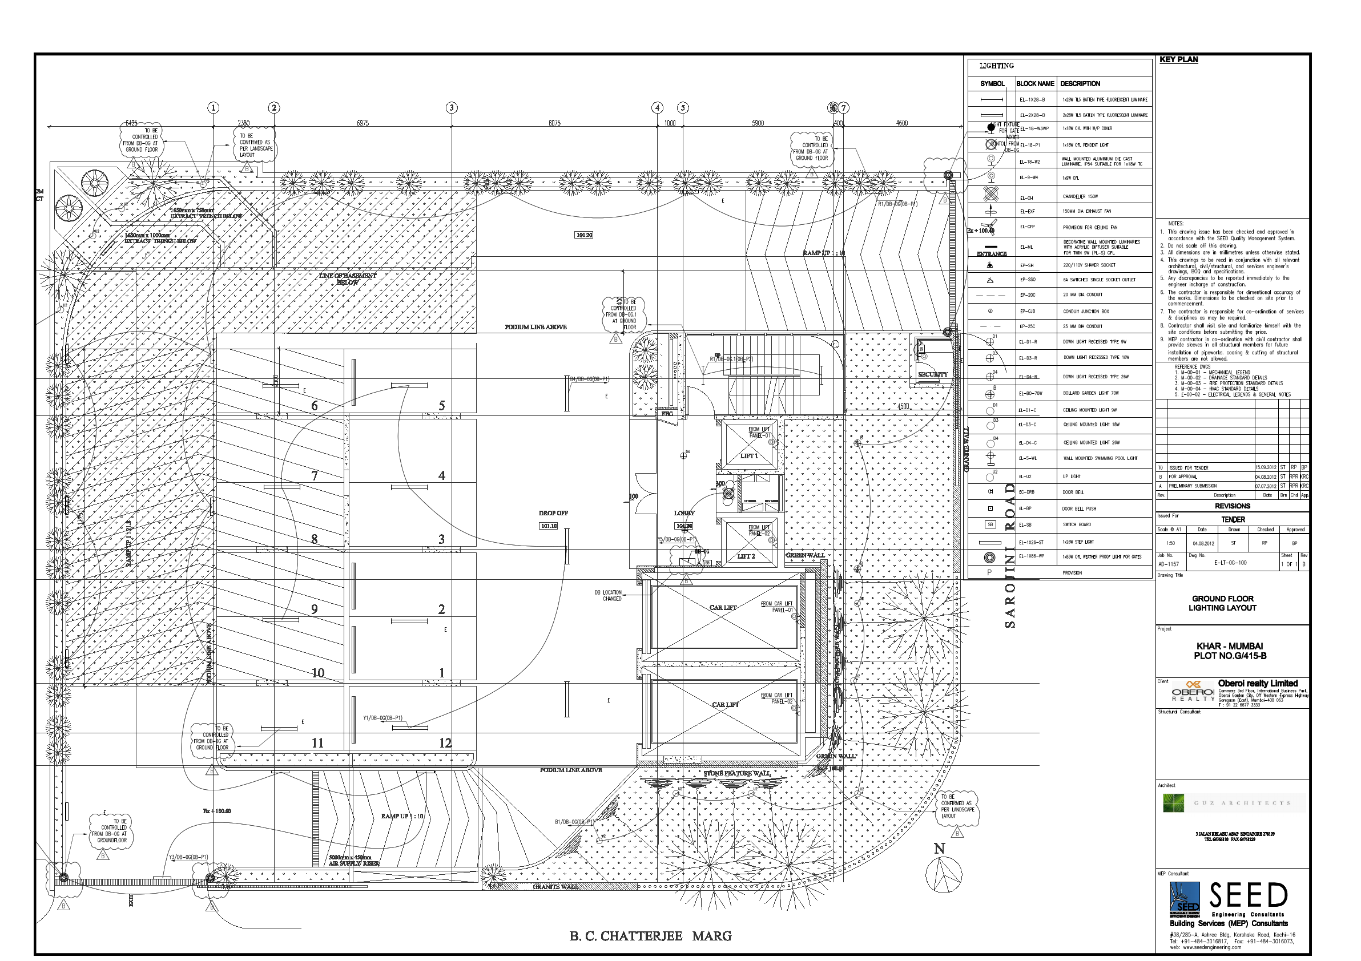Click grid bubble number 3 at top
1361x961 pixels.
(452, 108)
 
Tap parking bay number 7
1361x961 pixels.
(315, 476)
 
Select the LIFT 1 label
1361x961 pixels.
(748, 455)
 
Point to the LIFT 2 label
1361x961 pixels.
(746, 556)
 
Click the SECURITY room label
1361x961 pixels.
(933, 374)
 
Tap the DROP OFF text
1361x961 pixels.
(553, 513)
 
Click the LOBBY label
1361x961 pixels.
(684, 513)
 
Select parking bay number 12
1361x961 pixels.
(445, 743)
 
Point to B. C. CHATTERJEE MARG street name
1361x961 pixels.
(650, 936)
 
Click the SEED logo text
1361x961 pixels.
(1249, 896)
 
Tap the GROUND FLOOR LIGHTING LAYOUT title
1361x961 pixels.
(1222, 603)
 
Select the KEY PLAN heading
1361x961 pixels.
(1178, 60)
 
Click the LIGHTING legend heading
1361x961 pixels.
(996, 66)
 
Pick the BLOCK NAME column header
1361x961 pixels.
(1035, 84)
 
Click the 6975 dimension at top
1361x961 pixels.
(363, 123)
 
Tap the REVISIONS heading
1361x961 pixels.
(1233, 506)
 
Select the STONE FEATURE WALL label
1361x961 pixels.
(737, 774)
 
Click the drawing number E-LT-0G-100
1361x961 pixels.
(1230, 563)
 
